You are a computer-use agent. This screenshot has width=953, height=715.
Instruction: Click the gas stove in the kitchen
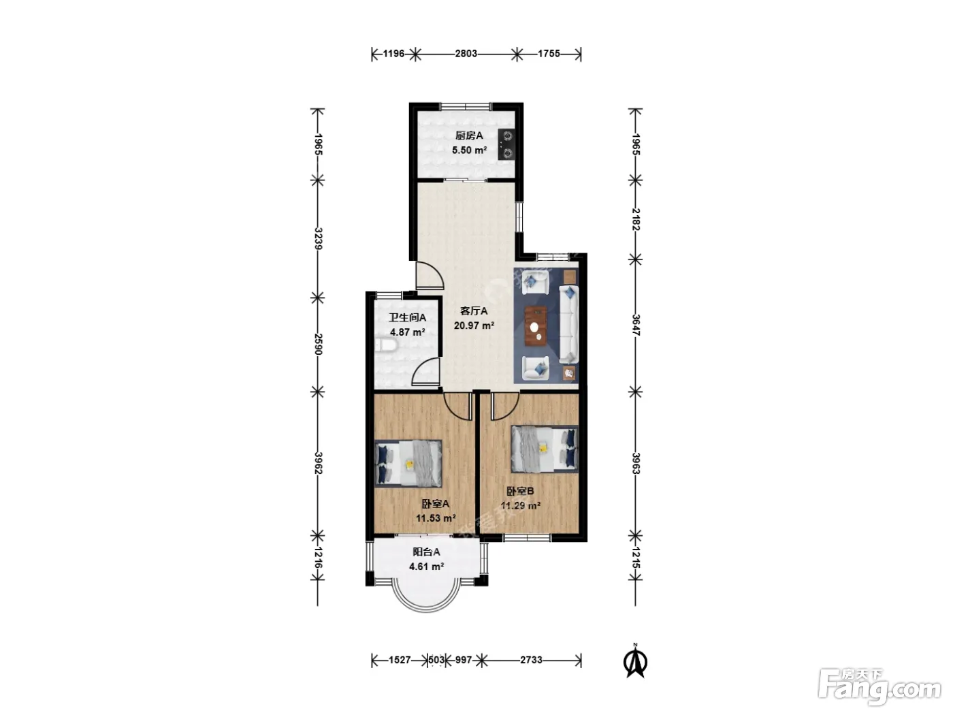coord(506,145)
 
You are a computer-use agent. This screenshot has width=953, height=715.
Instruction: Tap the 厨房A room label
coord(469,136)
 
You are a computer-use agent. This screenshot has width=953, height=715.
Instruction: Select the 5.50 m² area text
coord(469,150)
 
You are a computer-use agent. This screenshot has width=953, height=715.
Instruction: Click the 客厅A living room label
coord(474,311)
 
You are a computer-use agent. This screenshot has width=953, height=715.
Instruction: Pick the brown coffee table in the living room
coord(535,326)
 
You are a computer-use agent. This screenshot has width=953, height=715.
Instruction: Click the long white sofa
coord(568,324)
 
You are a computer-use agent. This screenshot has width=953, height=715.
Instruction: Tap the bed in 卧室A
coord(408,463)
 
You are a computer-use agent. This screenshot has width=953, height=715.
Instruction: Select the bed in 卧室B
coord(545,449)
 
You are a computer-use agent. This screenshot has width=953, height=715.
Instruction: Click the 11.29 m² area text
coord(520,506)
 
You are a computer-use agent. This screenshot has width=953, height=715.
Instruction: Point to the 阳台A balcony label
coord(426,552)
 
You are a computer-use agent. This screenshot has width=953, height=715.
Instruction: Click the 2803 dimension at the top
coord(466,53)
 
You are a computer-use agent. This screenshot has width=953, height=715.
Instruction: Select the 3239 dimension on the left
coord(319,238)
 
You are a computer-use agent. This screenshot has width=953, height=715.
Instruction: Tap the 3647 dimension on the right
coord(636,325)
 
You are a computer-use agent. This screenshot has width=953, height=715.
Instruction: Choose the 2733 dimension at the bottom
coord(531,660)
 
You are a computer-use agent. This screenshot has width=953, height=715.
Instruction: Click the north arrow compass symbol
coord(635,661)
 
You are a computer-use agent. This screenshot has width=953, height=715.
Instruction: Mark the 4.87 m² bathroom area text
coord(407,332)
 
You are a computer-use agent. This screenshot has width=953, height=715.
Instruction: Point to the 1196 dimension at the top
coord(393,53)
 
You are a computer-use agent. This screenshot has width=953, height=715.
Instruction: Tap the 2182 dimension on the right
coord(636,219)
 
